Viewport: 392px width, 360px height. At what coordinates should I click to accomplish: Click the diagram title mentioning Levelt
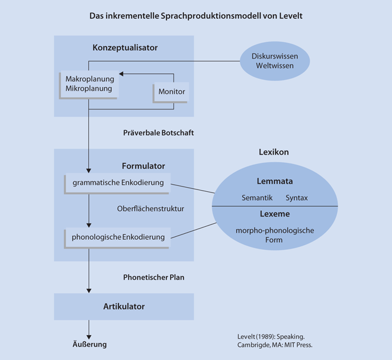coord(195,16)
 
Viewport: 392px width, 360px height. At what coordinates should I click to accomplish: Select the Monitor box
coord(171,92)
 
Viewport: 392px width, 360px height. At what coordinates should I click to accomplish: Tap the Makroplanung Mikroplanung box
coord(89,84)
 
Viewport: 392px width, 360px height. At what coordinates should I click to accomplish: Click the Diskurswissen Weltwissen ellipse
coord(274,61)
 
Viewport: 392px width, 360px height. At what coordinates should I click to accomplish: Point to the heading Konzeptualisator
coord(125,47)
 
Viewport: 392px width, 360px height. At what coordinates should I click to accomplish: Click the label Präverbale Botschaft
coord(158,133)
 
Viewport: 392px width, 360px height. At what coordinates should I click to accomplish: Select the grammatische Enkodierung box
coord(118,183)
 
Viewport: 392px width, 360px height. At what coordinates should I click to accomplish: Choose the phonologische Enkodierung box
coord(118,237)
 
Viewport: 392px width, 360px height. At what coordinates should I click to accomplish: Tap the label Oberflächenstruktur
coord(150,208)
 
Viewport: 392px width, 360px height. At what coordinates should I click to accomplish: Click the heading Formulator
coord(143,166)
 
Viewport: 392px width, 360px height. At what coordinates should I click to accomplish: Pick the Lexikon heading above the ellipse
coord(274,152)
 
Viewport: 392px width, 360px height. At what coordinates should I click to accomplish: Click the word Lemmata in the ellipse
coord(274,181)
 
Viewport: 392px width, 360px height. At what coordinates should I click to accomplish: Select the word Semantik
coord(257,197)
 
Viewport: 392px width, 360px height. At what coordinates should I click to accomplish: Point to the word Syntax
coord(296,197)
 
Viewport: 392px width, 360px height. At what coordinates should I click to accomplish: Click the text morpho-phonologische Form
coord(274,235)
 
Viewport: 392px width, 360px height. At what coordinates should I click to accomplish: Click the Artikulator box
coord(124,307)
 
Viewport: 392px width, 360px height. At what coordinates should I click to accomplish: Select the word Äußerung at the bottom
coord(86,343)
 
